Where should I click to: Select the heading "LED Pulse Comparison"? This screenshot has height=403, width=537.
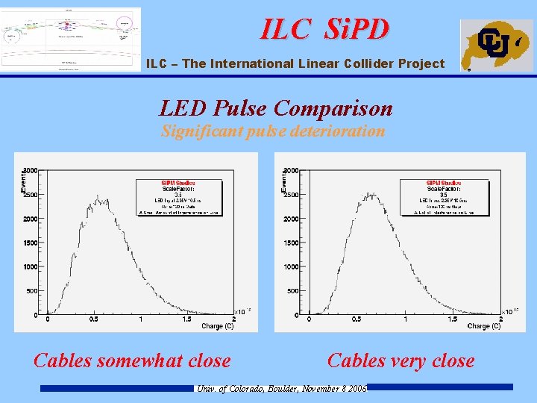[276, 109]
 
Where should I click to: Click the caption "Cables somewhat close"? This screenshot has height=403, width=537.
[132, 361]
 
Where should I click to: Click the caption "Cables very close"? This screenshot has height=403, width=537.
[401, 361]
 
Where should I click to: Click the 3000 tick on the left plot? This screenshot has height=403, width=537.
[31, 171]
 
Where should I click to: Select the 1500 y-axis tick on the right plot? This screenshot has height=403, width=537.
[292, 243]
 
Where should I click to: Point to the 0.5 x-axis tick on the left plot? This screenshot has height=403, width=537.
[95, 320]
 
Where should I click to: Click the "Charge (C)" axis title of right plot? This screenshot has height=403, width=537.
[484, 327]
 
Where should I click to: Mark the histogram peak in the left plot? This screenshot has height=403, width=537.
[98, 197]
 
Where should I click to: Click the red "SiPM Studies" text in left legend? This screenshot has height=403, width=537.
[178, 184]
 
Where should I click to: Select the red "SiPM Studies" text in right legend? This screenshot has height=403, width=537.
[444, 184]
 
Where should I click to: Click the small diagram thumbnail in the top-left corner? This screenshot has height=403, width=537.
[71, 39]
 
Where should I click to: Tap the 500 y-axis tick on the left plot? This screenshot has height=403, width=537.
[34, 291]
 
